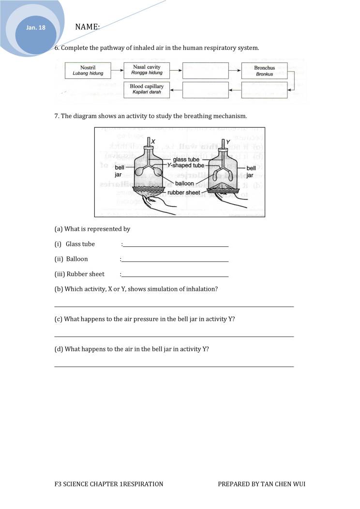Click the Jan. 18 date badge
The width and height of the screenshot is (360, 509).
pos(36,28)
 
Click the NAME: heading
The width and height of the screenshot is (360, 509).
pos(88,27)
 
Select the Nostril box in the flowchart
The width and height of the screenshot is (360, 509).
pos(88,70)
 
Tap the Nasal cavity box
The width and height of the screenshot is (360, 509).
pos(146,70)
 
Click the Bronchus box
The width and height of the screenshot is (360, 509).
pos(264,71)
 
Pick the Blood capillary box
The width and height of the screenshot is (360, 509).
pos(146,90)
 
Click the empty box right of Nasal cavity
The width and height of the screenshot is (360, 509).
pos(205,70)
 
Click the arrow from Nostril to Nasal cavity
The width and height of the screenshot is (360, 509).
pos(117,70)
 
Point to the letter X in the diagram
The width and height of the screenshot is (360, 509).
pos(153,141)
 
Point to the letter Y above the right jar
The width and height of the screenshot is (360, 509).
pos(222,141)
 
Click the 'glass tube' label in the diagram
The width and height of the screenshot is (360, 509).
pos(186,160)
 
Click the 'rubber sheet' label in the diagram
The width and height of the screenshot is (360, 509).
pos(183,193)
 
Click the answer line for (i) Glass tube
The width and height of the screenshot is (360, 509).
pos(175,246)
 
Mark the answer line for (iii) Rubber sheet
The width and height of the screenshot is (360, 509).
pos(175,276)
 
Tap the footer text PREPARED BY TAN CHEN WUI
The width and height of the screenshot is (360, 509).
pos(261,484)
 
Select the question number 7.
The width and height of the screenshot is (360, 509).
pos(57,116)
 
